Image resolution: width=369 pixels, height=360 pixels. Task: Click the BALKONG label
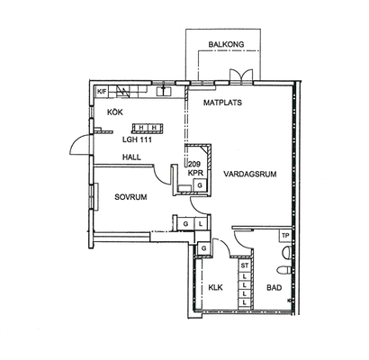[226, 44]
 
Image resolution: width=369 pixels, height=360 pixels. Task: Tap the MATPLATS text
[222, 103]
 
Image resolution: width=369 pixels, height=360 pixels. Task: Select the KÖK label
[115, 112]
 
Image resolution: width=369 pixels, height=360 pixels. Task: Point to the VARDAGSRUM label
[250, 174]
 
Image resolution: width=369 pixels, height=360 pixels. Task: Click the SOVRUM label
[130, 197]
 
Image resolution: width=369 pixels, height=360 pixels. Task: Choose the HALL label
[131, 157]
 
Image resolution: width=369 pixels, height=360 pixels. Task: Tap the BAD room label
[274, 288]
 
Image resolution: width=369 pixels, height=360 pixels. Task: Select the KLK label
[215, 288]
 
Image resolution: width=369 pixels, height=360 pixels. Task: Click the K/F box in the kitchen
[101, 92]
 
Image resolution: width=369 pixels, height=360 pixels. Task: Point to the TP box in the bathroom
[285, 236]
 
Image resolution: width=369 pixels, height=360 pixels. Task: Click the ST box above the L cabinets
[245, 265]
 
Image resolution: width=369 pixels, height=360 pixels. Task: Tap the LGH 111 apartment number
[137, 139]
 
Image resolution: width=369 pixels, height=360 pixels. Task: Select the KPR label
[195, 173]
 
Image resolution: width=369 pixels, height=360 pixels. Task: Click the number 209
[194, 164]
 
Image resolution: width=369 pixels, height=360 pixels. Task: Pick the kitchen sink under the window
[164, 91]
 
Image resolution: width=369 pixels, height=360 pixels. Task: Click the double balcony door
[242, 76]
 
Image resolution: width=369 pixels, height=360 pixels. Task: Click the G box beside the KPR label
[200, 184]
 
